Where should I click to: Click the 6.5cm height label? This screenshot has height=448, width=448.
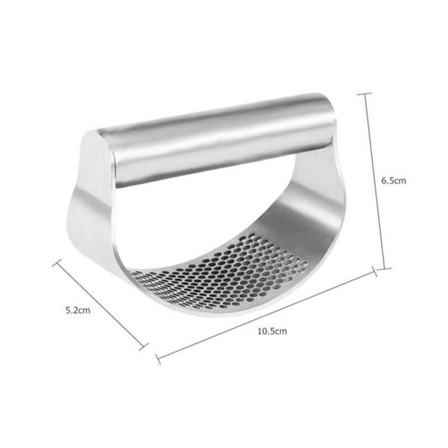coord(393,180)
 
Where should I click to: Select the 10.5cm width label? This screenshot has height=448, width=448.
coord(272,331)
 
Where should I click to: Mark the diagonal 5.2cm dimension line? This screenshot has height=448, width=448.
coord(101,306)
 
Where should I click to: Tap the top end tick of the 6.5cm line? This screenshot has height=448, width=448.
coord(364,94)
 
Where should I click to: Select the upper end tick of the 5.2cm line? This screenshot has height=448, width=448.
coord(57,262)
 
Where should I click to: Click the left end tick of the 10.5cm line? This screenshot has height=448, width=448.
coord(157,358)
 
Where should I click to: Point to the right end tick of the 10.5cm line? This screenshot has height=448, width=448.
coord(374,272)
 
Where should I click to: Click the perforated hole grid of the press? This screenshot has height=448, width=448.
coord(224,274)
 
